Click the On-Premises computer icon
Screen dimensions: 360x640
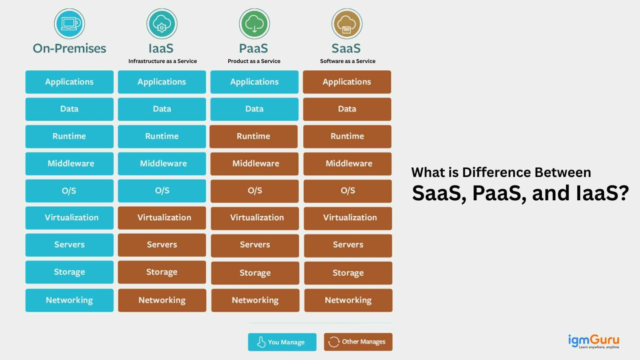(69, 24)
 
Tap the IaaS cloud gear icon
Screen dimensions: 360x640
(162, 24)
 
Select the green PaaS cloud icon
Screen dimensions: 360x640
(254, 24)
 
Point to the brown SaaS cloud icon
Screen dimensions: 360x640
(346, 24)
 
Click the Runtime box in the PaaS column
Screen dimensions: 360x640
(254, 136)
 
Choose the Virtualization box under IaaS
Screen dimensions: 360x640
(162, 218)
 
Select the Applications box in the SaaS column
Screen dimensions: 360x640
(347, 82)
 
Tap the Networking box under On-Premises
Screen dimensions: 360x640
(69, 300)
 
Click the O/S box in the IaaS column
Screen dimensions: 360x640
(162, 191)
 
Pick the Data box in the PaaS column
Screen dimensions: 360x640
(254, 109)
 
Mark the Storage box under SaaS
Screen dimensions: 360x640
(348, 273)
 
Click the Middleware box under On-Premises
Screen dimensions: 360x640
(69, 163)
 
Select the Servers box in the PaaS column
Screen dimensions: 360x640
(255, 245)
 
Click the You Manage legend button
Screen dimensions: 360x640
(282, 342)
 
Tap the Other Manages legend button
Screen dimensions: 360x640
(358, 342)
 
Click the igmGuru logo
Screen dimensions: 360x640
(593, 341)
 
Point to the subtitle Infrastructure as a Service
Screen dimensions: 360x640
(163, 61)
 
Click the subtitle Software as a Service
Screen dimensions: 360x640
(348, 61)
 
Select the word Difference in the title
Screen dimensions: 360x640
(490, 172)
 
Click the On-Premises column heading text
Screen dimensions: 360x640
(69, 48)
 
